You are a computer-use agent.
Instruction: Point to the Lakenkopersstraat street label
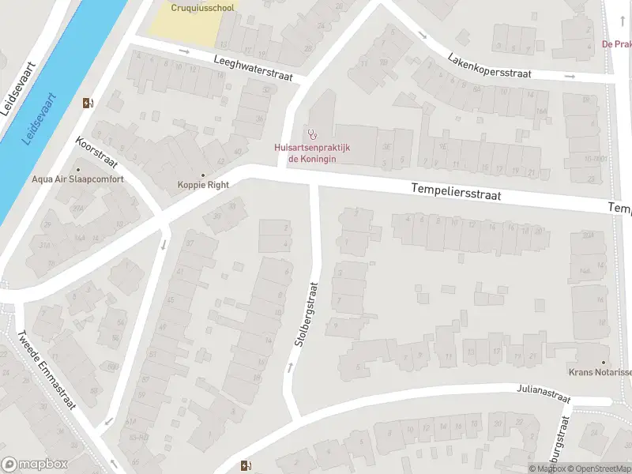(x=490, y=66)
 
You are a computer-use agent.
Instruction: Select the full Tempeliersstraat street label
(x=457, y=191)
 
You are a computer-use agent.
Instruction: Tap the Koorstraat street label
(x=96, y=156)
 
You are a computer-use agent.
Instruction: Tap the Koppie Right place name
(x=203, y=185)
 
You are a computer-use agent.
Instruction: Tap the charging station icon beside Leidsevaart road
(x=87, y=102)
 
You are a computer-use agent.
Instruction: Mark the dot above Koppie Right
(x=203, y=175)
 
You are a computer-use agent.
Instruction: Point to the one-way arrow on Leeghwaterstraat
(x=185, y=52)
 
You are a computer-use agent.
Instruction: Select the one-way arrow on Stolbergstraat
(x=290, y=366)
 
